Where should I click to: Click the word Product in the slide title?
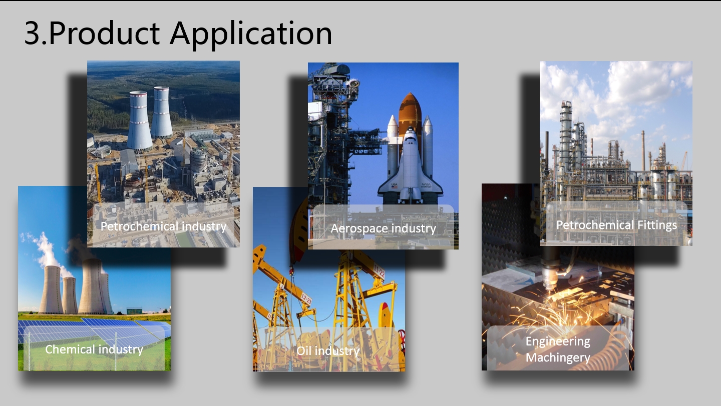pos(105,32)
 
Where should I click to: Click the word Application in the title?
pos(251,34)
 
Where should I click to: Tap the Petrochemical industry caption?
pos(164,226)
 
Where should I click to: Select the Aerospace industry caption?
pos(384,228)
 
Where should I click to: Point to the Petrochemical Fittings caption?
pos(617,225)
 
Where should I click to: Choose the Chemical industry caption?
pos(94,349)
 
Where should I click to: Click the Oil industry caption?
pos(328,350)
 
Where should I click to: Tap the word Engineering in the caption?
pos(558,341)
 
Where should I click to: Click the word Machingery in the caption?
pos(558,357)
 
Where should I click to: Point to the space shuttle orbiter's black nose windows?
pos(410,136)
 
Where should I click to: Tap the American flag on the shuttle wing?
pos(395,186)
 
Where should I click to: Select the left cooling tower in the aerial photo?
pos(139,120)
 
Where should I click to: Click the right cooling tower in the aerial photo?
pos(162,112)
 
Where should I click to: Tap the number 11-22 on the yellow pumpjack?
pos(379,271)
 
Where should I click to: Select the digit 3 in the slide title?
pos(33,33)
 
